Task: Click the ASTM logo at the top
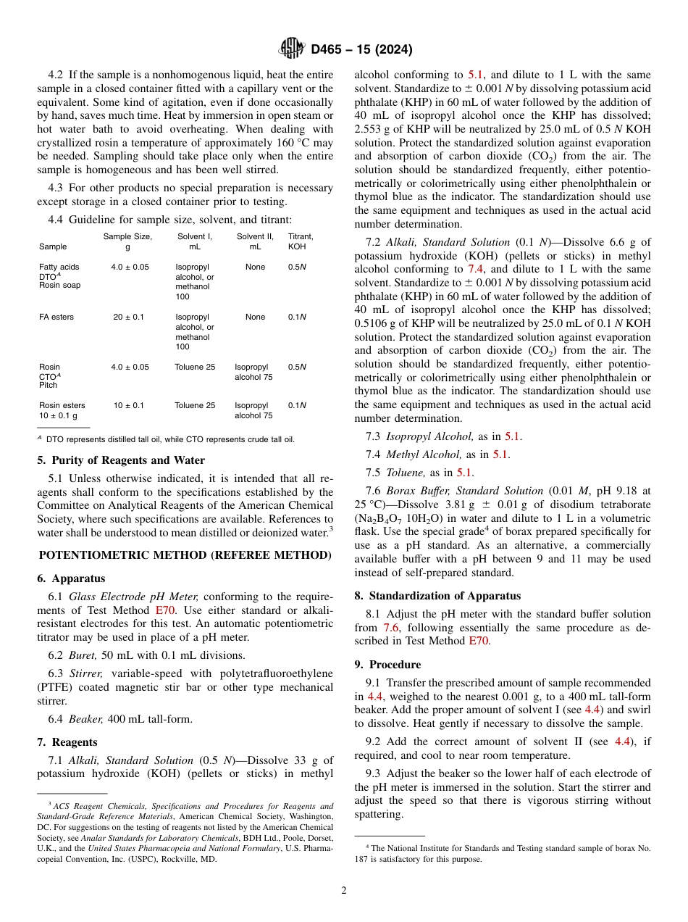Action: pyautogui.click(x=292, y=49)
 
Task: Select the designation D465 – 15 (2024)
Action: pyautogui.click(x=361, y=50)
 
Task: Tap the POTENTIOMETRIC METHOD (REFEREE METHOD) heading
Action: pyautogui.click(x=185, y=555)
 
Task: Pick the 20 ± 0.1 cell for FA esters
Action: pyautogui.click(x=127, y=317)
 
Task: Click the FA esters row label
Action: pyautogui.click(x=56, y=317)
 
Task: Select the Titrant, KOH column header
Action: pyautogui.click(x=300, y=241)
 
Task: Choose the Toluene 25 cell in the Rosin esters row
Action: pyautogui.click(x=195, y=405)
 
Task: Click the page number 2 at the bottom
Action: pyautogui.click(x=344, y=891)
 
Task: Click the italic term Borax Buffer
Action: pyautogui.click(x=418, y=491)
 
